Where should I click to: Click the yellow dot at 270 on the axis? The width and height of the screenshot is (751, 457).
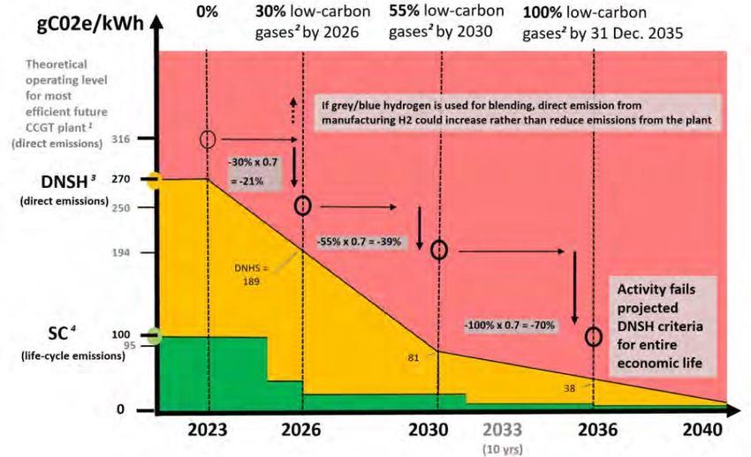[155, 181]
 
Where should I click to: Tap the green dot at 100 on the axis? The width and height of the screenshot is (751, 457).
[155, 335]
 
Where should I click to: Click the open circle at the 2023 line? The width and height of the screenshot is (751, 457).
[208, 139]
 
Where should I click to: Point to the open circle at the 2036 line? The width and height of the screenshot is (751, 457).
[594, 337]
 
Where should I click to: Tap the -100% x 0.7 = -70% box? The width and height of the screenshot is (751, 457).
[510, 325]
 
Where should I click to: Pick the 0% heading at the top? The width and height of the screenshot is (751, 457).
[208, 12]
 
